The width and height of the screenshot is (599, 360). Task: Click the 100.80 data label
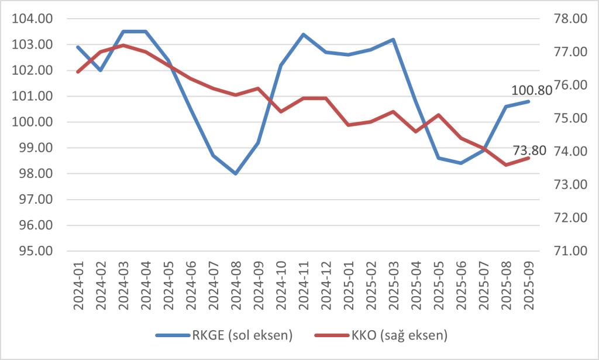(532, 91)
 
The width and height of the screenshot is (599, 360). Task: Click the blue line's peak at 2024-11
(303, 34)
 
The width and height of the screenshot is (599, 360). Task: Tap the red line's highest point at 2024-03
(123, 45)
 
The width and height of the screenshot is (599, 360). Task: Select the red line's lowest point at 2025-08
(506, 165)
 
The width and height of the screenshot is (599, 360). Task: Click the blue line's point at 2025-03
(393, 39)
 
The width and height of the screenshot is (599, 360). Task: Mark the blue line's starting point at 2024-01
(78, 47)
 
